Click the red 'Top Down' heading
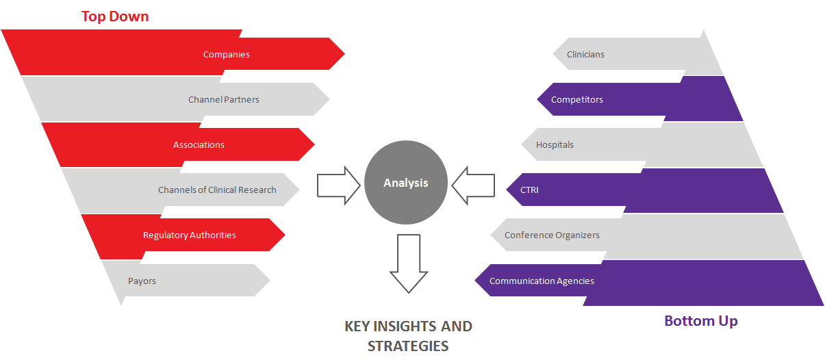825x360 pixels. coord(115,16)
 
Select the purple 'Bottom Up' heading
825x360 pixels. coord(700,320)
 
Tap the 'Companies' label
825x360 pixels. coord(226,55)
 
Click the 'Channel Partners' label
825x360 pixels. coord(224,100)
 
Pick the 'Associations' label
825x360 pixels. coord(199,145)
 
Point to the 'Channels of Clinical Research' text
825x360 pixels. coord(217,190)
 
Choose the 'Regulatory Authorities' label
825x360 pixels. coord(189,235)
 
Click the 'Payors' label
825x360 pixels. coord(142,281)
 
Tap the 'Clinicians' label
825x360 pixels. coord(585,55)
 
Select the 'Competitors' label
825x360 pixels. coord(577,100)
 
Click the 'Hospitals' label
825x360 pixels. coord(555,145)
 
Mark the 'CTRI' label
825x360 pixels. coord(529,190)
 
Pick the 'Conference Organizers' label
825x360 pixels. coord(552,235)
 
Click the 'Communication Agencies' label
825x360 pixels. coord(542,281)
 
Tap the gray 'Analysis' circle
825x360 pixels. coord(406,183)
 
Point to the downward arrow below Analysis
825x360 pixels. coord(408,263)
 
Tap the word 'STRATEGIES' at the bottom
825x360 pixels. coord(408,346)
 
